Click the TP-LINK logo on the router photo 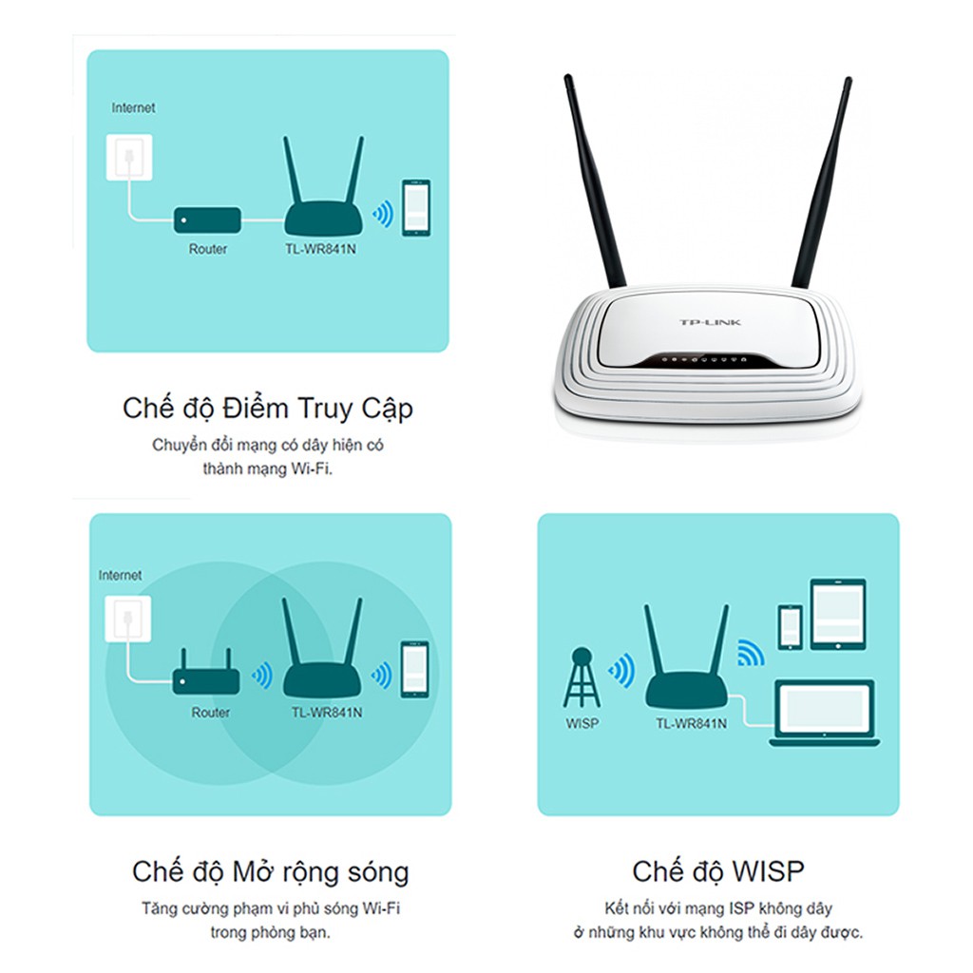tap(710, 323)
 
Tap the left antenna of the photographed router tap(594, 181)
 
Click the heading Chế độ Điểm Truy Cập tap(268, 409)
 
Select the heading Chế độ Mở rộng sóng tap(271, 871)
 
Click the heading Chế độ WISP tap(717, 871)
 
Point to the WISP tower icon tap(582, 677)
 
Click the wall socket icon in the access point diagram tap(127, 158)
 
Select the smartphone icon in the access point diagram tap(415, 207)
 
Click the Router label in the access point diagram tap(207, 249)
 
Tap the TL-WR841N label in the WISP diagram tap(691, 724)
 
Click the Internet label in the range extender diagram tap(120, 576)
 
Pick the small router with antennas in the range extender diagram tap(203, 676)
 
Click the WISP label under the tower tap(582, 724)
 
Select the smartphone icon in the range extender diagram tap(413, 670)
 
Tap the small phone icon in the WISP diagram tap(790, 628)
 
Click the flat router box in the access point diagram tap(206, 220)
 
